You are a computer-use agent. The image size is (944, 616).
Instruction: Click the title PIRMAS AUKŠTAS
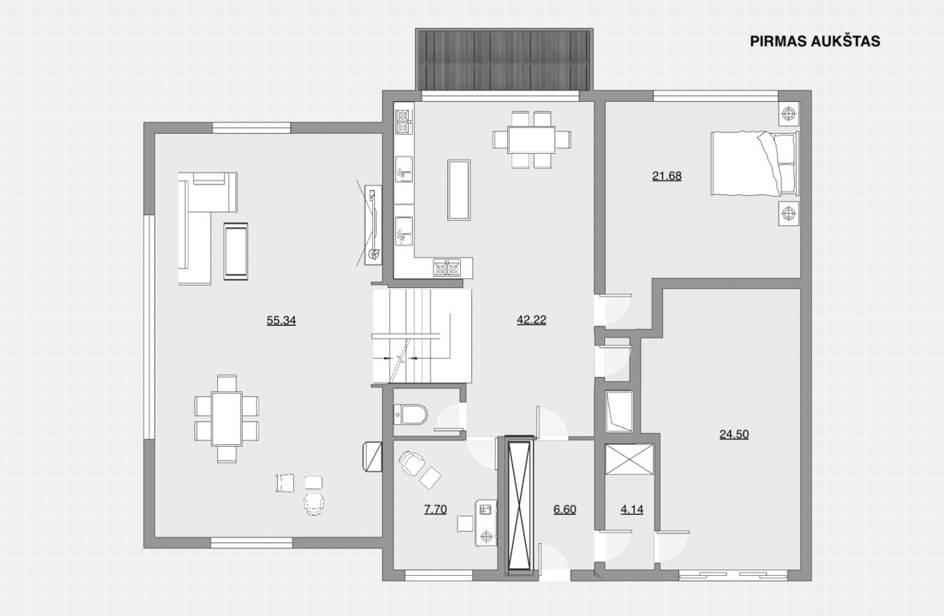pyautogui.click(x=814, y=40)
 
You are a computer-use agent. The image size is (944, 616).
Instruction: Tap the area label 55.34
pyautogui.click(x=281, y=320)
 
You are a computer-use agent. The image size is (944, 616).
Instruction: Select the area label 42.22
pyautogui.click(x=531, y=319)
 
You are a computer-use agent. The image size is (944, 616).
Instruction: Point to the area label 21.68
pyautogui.click(x=667, y=176)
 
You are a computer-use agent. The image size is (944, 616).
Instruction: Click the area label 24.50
pyautogui.click(x=734, y=434)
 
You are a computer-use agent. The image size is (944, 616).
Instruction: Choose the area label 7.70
pyautogui.click(x=435, y=509)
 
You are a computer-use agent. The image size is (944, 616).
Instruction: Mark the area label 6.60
pyautogui.click(x=565, y=509)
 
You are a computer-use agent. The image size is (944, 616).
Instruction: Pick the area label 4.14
pyautogui.click(x=631, y=509)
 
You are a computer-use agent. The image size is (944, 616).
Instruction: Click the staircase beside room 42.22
pyautogui.click(x=421, y=335)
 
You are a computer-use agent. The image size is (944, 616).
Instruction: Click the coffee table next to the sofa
pyautogui.click(x=236, y=251)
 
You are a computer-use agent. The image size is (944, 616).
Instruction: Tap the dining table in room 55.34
pyautogui.click(x=226, y=419)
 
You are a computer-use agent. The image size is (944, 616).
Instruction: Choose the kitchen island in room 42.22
pyautogui.click(x=458, y=190)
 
